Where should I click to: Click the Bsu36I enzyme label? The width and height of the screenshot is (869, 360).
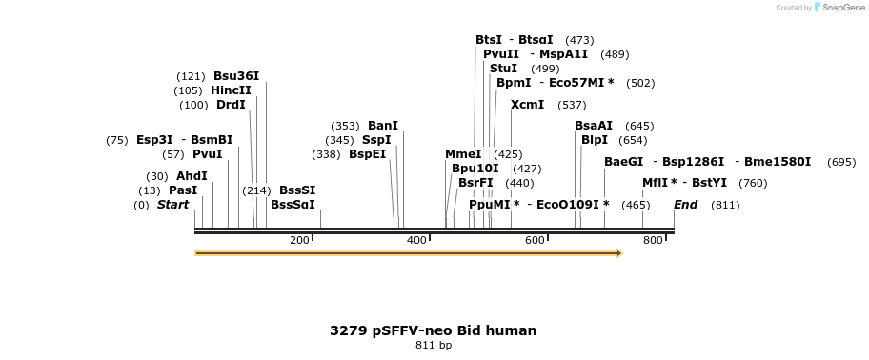(236, 76)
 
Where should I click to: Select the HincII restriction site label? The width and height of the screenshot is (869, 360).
(231, 90)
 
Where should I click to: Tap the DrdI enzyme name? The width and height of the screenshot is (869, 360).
(231, 105)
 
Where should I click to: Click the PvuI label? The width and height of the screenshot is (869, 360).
(207, 154)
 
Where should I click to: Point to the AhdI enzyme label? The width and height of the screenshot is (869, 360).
(192, 176)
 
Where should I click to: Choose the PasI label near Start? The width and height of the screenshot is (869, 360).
(183, 190)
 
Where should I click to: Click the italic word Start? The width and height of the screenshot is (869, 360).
(172, 205)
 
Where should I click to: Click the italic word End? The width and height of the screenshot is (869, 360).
(685, 205)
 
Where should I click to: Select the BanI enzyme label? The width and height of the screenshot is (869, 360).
(383, 126)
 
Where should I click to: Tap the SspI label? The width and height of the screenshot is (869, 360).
(376, 140)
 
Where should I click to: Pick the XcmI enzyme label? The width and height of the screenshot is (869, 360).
(527, 105)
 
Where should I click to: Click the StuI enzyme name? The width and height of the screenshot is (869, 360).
(503, 69)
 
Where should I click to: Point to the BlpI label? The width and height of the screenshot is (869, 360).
(594, 140)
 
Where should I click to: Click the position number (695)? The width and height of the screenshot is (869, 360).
(841, 162)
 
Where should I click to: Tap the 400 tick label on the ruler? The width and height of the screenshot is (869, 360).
(416, 240)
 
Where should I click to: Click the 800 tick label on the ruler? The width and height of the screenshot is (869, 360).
(652, 240)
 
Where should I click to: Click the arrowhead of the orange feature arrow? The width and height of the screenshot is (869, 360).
(618, 253)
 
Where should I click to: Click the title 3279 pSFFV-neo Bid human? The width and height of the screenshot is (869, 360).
(433, 330)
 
